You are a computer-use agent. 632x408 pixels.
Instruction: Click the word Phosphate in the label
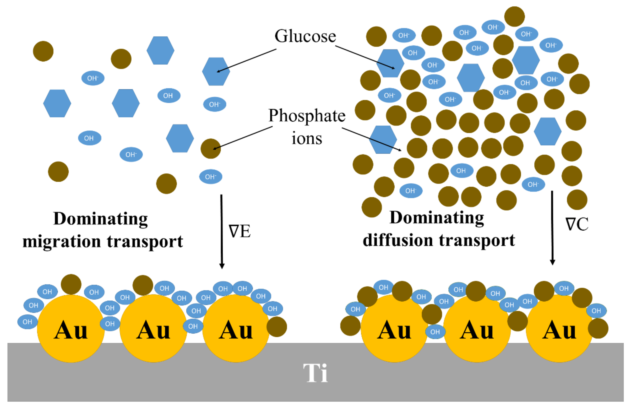pyautogui.click(x=307, y=116)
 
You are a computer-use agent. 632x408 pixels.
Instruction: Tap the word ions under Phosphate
pyautogui.click(x=307, y=138)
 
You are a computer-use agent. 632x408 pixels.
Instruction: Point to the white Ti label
pyautogui.click(x=315, y=373)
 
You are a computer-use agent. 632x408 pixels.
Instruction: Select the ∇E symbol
pyautogui.click(x=239, y=231)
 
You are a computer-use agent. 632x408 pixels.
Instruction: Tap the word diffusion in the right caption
pyautogui.click(x=398, y=240)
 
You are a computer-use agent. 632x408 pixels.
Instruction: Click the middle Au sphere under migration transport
pyautogui.click(x=153, y=329)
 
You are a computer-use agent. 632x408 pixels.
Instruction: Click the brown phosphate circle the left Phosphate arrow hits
pyautogui.click(x=211, y=149)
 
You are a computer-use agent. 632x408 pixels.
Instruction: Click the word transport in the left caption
pyautogui.click(x=145, y=242)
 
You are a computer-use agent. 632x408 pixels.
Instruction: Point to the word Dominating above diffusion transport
pyautogui.click(x=437, y=218)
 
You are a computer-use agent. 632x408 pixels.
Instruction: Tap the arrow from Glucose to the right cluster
pyautogui.click(x=365, y=57)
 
